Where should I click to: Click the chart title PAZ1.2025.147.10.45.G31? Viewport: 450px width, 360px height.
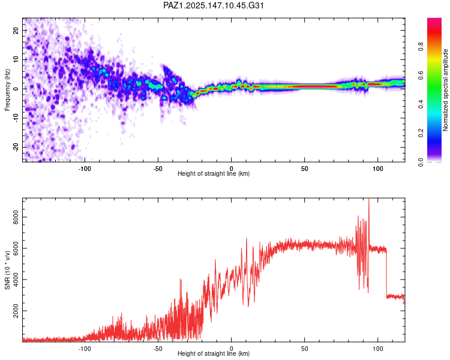point(214,5)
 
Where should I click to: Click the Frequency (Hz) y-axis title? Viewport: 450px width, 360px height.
point(7,90)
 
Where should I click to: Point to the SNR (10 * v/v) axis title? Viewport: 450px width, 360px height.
point(7,270)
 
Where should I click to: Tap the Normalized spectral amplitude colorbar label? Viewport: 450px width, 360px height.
point(445,90)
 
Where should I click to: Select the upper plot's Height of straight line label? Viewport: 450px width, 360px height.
point(214,173)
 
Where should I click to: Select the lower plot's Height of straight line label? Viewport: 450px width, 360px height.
point(214,353)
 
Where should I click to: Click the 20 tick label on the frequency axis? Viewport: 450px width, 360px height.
point(16,30)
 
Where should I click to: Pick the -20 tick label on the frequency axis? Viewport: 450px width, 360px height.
point(16,147)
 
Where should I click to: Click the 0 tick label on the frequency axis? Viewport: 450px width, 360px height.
point(16,89)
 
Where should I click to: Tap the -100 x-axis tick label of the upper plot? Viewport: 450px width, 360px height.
point(85,169)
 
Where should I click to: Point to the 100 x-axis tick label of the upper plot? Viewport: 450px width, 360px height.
point(377,169)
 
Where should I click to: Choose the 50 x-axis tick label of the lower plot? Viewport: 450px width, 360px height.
point(304,349)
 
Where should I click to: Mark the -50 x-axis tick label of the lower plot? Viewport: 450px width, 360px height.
point(158,349)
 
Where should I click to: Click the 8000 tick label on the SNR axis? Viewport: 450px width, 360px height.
point(16,217)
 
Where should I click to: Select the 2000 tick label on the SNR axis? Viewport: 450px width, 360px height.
point(16,311)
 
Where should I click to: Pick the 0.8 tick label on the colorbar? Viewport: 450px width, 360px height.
point(421,47)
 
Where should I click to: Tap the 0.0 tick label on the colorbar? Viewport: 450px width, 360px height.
point(421,162)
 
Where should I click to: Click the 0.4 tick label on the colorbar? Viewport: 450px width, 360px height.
point(421,104)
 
